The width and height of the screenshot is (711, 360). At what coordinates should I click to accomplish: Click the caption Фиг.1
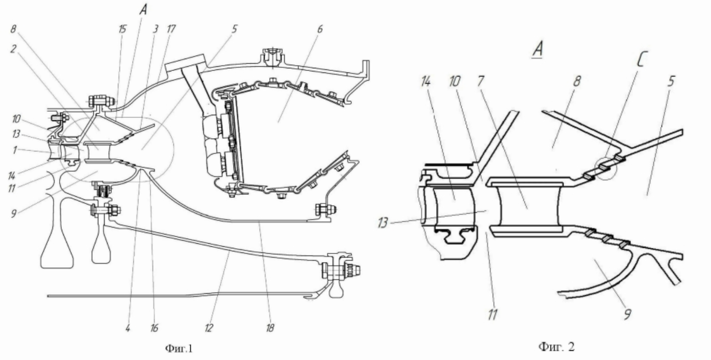tap(179, 348)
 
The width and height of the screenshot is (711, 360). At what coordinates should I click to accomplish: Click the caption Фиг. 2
tap(556, 346)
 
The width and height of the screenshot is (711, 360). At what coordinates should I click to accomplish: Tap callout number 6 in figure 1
tap(320, 29)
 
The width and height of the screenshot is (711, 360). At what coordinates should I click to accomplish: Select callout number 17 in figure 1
tap(170, 29)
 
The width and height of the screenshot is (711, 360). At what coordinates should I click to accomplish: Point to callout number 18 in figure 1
tap(270, 327)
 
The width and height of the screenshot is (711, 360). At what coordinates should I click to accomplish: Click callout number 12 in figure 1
tap(209, 327)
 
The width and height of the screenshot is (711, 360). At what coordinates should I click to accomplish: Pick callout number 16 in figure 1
tap(154, 327)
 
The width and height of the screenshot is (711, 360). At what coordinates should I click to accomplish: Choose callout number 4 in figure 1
tap(128, 327)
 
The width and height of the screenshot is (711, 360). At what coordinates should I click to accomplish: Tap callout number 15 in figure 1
tap(122, 29)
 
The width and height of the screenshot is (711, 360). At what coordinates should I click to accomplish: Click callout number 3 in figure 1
tap(155, 29)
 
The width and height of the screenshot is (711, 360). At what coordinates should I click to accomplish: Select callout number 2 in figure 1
tap(13, 49)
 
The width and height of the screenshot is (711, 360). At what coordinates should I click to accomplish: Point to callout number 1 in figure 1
tap(14, 150)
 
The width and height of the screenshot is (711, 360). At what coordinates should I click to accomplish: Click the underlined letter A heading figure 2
tap(537, 50)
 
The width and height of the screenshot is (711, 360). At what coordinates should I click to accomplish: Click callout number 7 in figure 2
tap(480, 81)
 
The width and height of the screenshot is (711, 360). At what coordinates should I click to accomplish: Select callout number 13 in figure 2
tap(383, 222)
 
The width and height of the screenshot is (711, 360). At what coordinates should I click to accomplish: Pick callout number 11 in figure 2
tap(492, 315)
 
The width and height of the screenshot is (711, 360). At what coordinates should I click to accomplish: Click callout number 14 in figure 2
tap(426, 81)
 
